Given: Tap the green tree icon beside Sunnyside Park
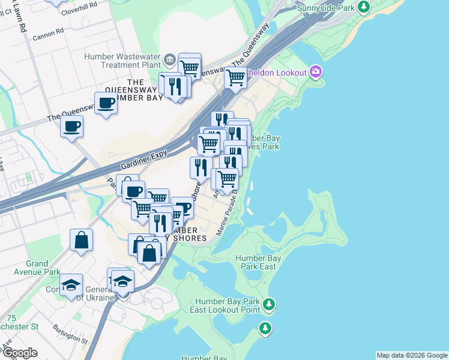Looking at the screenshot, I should coord(363,7).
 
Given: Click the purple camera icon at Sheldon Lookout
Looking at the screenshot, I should coord(316,72).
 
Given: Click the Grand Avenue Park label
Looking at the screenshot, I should coord(42,268).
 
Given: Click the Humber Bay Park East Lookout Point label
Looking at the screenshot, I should coord(226,305).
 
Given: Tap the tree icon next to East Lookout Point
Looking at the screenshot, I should coord(269,305).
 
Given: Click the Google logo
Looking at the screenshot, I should coord(19,353).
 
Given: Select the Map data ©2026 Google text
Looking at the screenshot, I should coord(411,355).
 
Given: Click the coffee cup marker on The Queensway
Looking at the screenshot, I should coord(106,103).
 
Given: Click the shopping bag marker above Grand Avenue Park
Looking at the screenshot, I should coord(81,241).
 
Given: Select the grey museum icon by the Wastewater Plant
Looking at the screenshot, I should coord(169,59).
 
